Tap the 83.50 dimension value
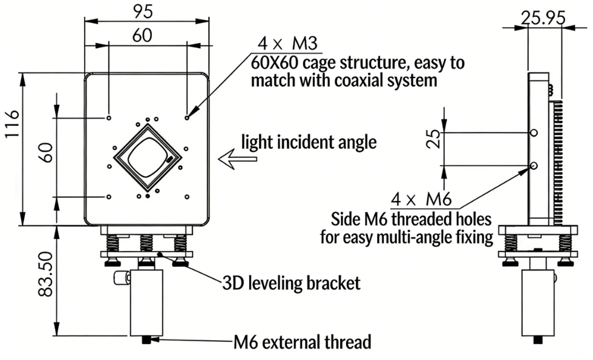point(46,281)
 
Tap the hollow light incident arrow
point(238,160)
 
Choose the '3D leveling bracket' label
point(291,283)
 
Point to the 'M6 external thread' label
point(302,342)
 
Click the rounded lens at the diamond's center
point(147,156)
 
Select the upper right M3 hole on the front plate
point(187,117)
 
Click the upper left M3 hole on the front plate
point(108,117)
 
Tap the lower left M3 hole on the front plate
point(108,197)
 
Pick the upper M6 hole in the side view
point(533,133)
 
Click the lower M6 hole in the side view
point(533,165)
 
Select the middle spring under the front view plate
point(146,243)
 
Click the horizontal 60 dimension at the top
point(142,36)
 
